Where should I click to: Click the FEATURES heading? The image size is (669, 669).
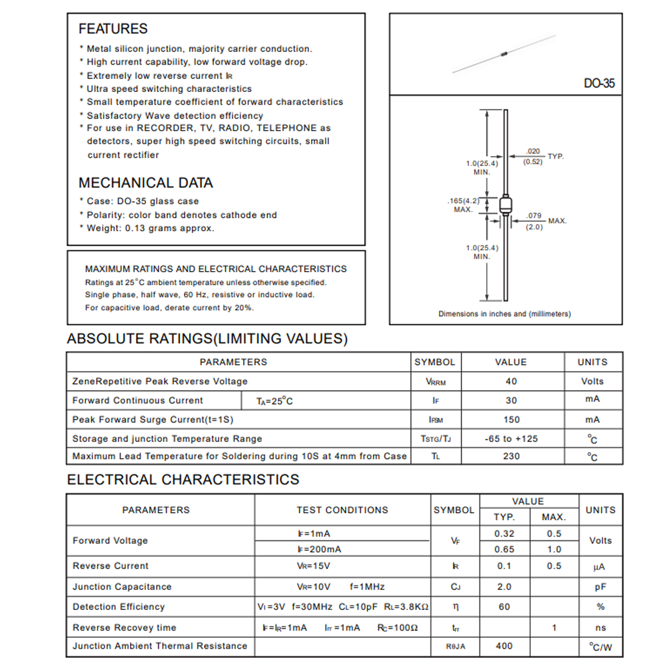[113, 28]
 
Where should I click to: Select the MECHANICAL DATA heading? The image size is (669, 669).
[146, 183]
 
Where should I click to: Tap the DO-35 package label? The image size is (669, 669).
[599, 84]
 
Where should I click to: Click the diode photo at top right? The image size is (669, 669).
[504, 54]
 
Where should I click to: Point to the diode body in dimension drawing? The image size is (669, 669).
[505, 205]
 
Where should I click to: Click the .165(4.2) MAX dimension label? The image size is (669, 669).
[463, 205]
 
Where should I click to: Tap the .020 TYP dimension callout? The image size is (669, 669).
[533, 156]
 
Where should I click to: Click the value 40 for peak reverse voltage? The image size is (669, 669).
[511, 381]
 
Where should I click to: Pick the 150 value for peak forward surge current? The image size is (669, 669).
[511, 420]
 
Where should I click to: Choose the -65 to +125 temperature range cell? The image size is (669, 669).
[511, 439]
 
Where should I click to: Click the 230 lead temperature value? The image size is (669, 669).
[511, 456]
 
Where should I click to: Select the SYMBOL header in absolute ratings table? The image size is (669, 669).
[435, 362]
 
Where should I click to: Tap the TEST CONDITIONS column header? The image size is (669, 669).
[342, 510]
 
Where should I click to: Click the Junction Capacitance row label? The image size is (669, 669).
[122, 586]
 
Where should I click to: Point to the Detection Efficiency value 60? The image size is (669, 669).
[504, 607]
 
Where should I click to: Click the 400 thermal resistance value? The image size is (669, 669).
[504, 646]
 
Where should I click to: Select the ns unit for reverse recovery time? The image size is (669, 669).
[600, 628]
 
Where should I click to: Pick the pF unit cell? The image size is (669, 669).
[600, 587]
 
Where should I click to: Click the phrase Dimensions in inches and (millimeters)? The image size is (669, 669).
[505, 314]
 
